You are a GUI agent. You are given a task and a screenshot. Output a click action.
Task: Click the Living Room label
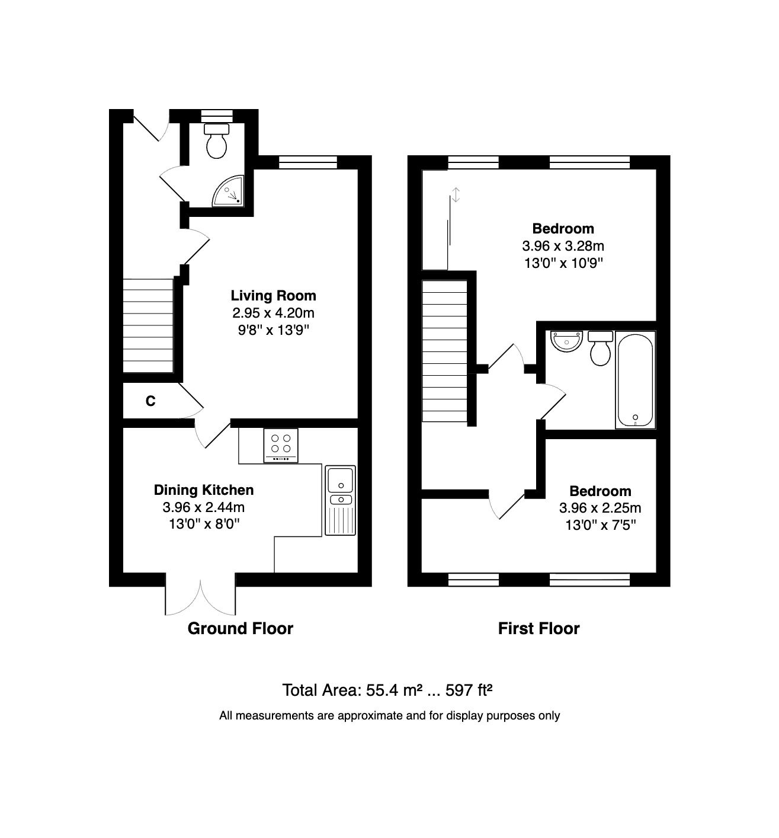pyautogui.click(x=273, y=295)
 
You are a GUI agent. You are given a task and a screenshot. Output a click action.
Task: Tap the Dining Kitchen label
pyautogui.click(x=204, y=490)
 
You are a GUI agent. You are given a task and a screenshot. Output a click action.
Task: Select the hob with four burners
pyautogui.click(x=281, y=445)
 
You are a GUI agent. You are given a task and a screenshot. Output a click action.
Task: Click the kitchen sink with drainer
pyautogui.click(x=340, y=500)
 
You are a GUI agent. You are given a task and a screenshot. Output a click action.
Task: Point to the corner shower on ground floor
pyautogui.click(x=229, y=191)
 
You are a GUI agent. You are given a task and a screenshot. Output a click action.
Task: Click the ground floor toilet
pyautogui.click(x=216, y=140)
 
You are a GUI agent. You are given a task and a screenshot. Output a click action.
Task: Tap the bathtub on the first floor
pyautogui.click(x=636, y=379)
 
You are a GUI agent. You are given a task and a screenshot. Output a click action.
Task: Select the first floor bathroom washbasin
pyautogui.click(x=566, y=341)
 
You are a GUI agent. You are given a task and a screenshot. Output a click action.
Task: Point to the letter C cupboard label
pyautogui.click(x=150, y=401)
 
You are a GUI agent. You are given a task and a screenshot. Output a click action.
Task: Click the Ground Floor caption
pyautogui.click(x=240, y=628)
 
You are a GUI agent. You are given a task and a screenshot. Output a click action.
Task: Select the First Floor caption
pyautogui.click(x=538, y=628)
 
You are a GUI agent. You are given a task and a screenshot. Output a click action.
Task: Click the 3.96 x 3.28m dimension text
pyautogui.click(x=563, y=245)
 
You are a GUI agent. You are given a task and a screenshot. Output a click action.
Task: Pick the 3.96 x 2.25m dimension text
pyautogui.click(x=600, y=508)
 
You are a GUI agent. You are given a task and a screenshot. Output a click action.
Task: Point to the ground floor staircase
pyautogui.click(x=148, y=326)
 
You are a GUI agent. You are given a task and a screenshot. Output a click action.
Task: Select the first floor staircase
pyautogui.click(x=444, y=351)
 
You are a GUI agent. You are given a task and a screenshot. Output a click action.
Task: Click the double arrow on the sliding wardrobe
pyautogui.click(x=456, y=194)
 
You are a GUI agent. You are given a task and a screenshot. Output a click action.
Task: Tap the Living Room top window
pyautogui.click(x=307, y=162)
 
